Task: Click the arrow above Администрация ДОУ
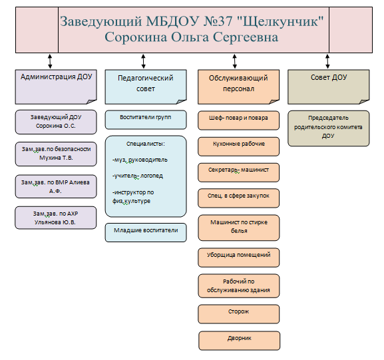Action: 50,61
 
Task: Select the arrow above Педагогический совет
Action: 144,61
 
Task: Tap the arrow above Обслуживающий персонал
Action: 235,61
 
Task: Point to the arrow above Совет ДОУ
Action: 327,61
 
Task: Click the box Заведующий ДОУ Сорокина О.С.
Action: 56,122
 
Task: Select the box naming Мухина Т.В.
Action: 56,154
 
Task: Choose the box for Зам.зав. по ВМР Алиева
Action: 56,186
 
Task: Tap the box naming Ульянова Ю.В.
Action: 56,218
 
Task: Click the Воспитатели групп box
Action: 146,120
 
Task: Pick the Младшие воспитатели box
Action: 146,233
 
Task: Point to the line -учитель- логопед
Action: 138,176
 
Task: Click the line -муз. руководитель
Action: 140,160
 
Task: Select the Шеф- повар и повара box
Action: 238,120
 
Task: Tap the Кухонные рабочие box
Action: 238,146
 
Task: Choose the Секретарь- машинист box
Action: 238,172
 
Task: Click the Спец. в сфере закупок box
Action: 238,198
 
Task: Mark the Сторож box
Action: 239,314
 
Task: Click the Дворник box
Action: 240,341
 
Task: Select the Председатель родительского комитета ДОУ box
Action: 329,128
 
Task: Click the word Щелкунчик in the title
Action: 280,21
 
